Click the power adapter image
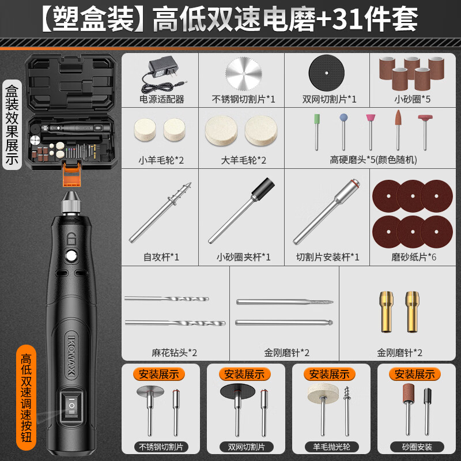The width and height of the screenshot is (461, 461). (161, 74)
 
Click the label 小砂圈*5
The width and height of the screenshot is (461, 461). (412, 99)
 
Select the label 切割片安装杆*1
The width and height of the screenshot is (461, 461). (327, 257)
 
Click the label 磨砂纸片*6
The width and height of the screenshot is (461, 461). (413, 257)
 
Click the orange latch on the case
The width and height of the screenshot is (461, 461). (71, 172)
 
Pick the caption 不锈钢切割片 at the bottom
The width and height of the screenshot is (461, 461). (160, 447)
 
